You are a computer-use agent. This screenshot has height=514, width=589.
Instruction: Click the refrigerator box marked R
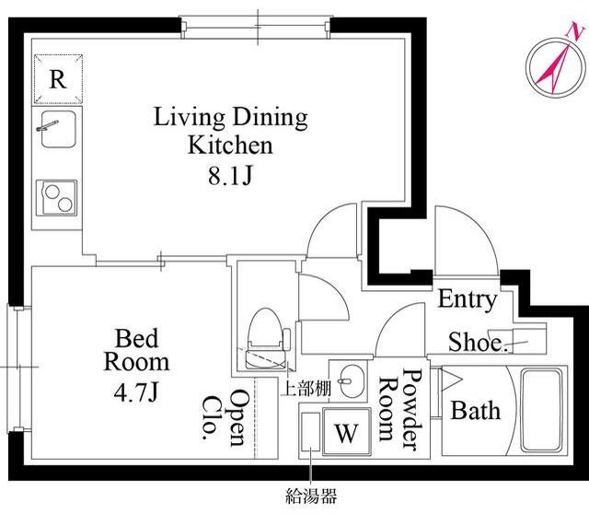[x=58, y=78]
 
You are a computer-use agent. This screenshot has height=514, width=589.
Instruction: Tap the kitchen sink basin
[x=59, y=129]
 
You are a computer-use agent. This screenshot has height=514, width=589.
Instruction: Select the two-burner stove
[x=57, y=198]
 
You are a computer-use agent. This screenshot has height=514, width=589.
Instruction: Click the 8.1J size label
[x=230, y=176]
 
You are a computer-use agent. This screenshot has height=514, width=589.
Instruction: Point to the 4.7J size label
[x=135, y=392]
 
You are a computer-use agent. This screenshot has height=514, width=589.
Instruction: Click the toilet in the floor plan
[x=265, y=338]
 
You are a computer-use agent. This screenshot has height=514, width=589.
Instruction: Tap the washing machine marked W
[x=346, y=432]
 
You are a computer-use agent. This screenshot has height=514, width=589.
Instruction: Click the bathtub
[x=541, y=410]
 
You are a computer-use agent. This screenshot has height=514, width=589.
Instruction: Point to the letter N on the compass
[x=574, y=29]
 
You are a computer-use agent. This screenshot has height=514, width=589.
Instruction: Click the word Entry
[x=467, y=299]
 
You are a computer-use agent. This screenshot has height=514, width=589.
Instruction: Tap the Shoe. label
[x=479, y=342]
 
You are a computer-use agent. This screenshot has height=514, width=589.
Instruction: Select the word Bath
[x=475, y=410]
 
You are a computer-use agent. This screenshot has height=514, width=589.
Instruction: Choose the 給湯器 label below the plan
[x=311, y=496]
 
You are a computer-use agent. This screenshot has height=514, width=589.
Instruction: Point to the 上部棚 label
[x=306, y=388]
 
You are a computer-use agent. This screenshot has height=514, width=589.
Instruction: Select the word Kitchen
[x=230, y=146]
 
